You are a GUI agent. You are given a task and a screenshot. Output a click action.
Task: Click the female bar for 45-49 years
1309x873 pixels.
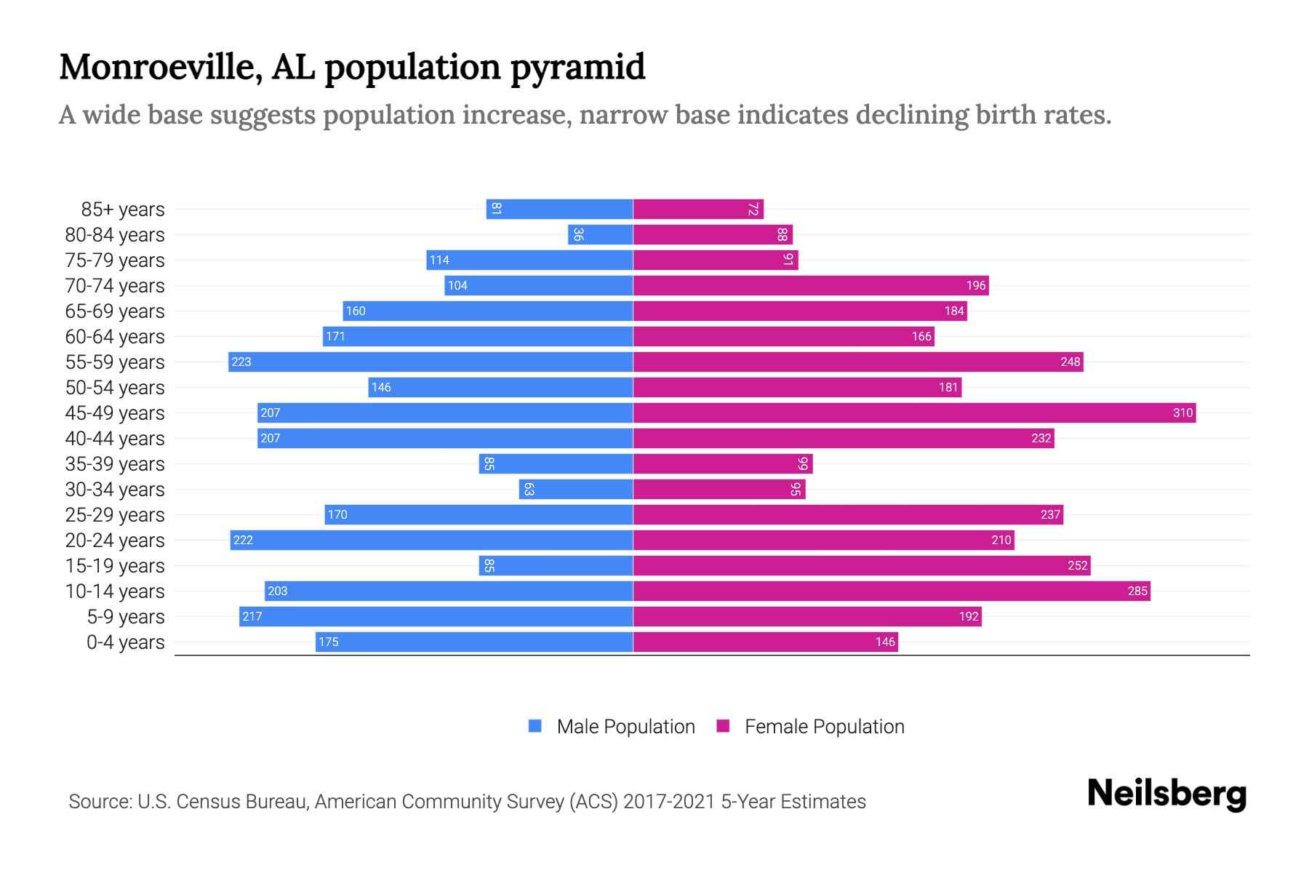(914, 412)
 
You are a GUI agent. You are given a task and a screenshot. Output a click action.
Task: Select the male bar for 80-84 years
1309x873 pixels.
(601, 234)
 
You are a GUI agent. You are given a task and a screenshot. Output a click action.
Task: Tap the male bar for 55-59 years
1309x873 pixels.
(431, 362)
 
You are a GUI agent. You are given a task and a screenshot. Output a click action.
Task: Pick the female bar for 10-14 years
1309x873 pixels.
(892, 591)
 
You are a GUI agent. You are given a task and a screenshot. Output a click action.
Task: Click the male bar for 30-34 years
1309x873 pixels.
(576, 489)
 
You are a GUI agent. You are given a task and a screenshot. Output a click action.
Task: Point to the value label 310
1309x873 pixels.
(1182, 412)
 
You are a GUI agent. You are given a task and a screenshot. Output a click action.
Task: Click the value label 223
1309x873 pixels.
(241, 362)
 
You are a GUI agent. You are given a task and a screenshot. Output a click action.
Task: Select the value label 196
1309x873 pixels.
(976, 285)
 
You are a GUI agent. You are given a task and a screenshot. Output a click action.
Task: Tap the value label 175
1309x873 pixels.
(329, 642)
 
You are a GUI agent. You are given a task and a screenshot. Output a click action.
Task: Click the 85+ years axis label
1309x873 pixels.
(123, 210)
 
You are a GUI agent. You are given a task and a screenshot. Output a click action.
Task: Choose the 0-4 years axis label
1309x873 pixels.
(126, 642)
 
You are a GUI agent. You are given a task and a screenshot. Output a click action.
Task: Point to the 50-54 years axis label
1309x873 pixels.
(115, 388)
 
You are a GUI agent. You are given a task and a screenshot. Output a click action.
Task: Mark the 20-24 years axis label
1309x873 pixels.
(115, 541)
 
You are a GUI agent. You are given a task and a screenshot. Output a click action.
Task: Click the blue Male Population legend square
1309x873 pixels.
(535, 726)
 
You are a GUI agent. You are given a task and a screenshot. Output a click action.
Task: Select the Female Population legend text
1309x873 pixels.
(824, 726)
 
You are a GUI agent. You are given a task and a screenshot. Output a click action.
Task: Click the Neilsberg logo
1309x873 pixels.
(1166, 794)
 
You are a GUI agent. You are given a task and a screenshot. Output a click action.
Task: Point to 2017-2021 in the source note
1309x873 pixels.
(668, 802)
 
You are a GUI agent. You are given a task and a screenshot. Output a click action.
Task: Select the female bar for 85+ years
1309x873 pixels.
(698, 209)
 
